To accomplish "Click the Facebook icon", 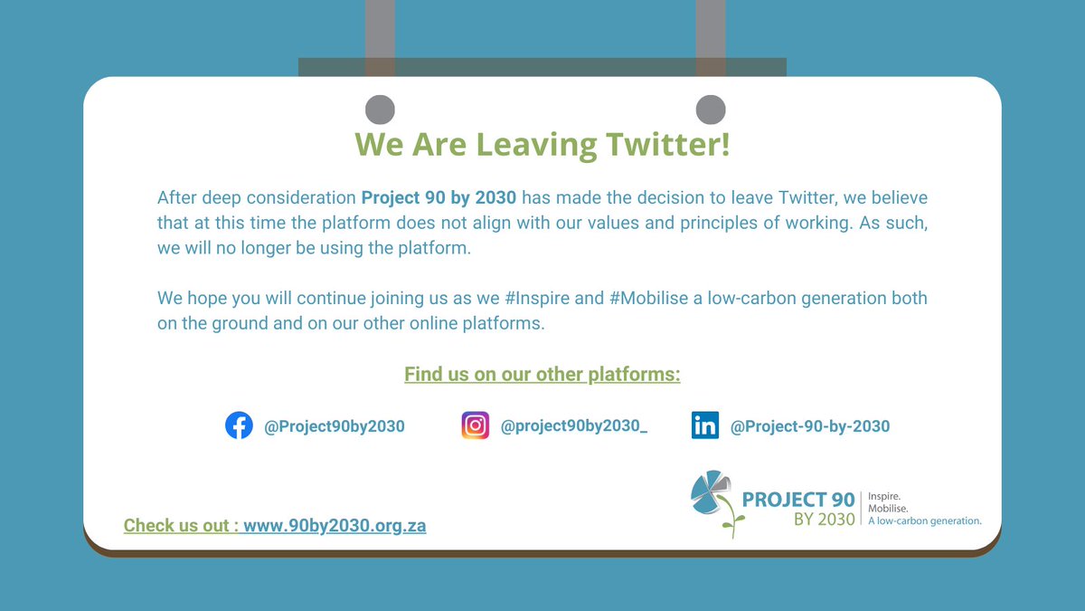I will pyautogui.click(x=239, y=426).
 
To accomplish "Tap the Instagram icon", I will pyautogui.click(x=476, y=426).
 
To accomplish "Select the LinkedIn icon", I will pyautogui.click(x=705, y=426).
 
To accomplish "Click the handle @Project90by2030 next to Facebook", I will pyautogui.click(x=335, y=426).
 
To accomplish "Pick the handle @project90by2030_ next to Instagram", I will pyautogui.click(x=574, y=426).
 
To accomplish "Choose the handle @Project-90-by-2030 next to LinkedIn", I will pyautogui.click(x=810, y=426).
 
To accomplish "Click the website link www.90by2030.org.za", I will pyautogui.click(x=335, y=525).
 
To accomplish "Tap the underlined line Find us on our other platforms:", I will pyautogui.click(x=542, y=374).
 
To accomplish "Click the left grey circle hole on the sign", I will pyautogui.click(x=380, y=110).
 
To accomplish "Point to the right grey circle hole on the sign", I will pyautogui.click(x=711, y=110).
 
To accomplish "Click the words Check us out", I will pyautogui.click(x=178, y=525).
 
